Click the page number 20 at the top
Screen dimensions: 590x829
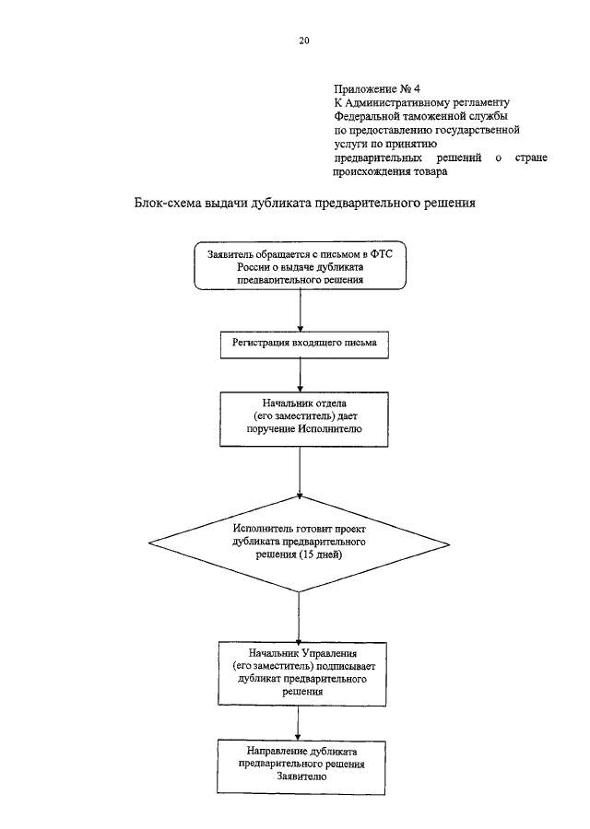pyautogui.click(x=303, y=41)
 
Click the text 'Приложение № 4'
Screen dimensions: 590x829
pyautogui.click(x=377, y=88)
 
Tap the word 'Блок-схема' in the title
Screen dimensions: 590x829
pyautogui.click(x=167, y=203)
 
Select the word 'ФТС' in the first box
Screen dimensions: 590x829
pyautogui.click(x=382, y=254)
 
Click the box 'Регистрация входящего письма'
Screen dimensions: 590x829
pyautogui.click(x=304, y=344)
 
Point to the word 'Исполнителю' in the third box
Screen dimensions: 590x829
pyautogui.click(x=330, y=428)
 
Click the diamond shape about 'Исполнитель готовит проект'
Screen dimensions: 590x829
pyautogui.click(x=299, y=543)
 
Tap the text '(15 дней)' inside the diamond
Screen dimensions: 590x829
pyautogui.click(x=320, y=555)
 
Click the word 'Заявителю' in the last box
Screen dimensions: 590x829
pyautogui.click(x=301, y=776)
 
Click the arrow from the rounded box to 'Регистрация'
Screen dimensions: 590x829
pyautogui.click(x=300, y=311)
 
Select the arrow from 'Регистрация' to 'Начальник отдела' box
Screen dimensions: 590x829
pyautogui.click(x=300, y=375)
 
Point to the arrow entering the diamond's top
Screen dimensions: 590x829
pyautogui.click(x=300, y=471)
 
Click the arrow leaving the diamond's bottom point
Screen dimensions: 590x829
pyautogui.click(x=299, y=617)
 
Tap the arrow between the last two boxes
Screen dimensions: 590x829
pyautogui.click(x=298, y=723)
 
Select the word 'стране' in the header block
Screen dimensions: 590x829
pyautogui.click(x=531, y=158)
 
